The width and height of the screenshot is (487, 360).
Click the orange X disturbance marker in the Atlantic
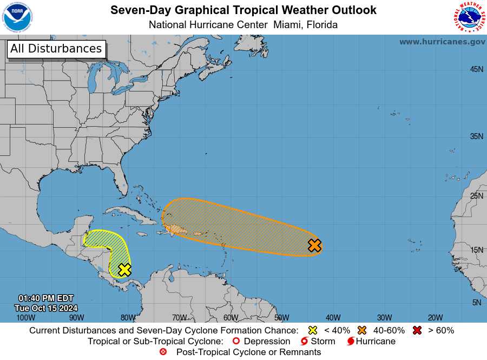click(x=314, y=246)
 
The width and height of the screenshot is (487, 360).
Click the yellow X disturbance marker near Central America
click(x=124, y=270)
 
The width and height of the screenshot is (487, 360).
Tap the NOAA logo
click(x=17, y=18)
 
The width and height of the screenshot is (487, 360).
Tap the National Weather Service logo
click(x=469, y=18)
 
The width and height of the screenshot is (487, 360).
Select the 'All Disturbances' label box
click(x=56, y=49)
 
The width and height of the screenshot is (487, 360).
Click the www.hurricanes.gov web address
click(x=442, y=42)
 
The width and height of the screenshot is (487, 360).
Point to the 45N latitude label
click(x=476, y=69)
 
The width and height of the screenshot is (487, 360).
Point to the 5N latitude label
click(x=476, y=303)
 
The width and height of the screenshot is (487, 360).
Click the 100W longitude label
click(x=25, y=318)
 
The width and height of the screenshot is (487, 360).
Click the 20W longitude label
click(x=435, y=318)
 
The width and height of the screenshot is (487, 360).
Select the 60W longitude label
click(x=231, y=318)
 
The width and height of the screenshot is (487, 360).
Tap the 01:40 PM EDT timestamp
click(x=46, y=298)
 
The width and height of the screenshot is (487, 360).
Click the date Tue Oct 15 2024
click(x=46, y=307)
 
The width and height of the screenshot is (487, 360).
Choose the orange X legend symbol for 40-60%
click(x=362, y=330)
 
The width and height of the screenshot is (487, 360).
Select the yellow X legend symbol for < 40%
click(x=312, y=330)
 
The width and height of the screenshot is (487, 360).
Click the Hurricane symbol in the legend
click(x=351, y=341)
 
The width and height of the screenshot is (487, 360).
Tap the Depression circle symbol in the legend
click(x=235, y=341)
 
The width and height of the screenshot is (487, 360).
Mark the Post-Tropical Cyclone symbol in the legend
click(x=163, y=352)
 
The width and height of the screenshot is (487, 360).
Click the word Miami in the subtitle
click(x=288, y=24)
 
